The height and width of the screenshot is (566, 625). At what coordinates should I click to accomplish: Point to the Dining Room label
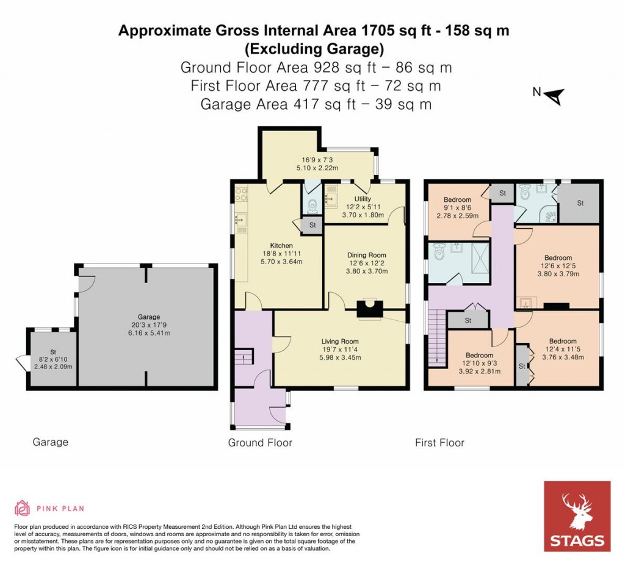click(367, 255)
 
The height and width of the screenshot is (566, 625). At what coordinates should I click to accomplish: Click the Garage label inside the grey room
click(148, 317)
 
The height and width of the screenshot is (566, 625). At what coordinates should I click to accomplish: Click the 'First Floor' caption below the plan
click(439, 443)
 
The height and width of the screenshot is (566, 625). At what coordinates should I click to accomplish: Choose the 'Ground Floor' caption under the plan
click(260, 443)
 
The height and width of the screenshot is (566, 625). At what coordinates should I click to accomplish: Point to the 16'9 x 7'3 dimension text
click(314, 161)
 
